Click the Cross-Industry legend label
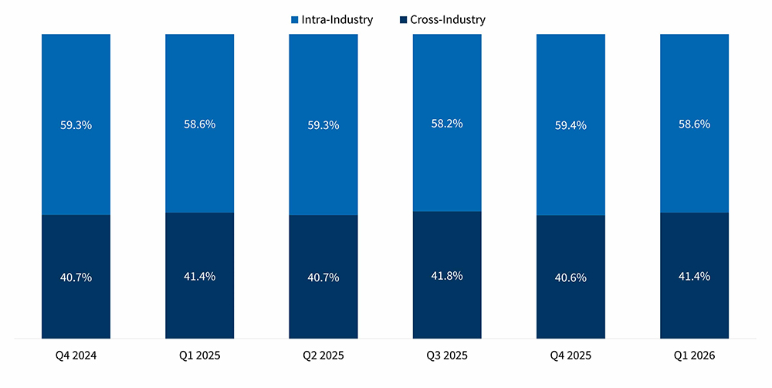(449, 19)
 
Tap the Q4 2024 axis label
(76, 356)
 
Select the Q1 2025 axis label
(199, 356)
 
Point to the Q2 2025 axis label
(323, 356)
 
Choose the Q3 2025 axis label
(447, 356)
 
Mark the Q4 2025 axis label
(571, 356)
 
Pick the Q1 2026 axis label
(694, 356)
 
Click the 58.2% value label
(447, 123)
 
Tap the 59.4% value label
(571, 124)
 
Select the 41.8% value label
(447, 275)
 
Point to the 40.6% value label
(571, 277)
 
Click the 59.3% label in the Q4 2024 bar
(76, 124)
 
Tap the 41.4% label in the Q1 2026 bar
(694, 276)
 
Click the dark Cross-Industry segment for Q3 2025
(447, 309)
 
